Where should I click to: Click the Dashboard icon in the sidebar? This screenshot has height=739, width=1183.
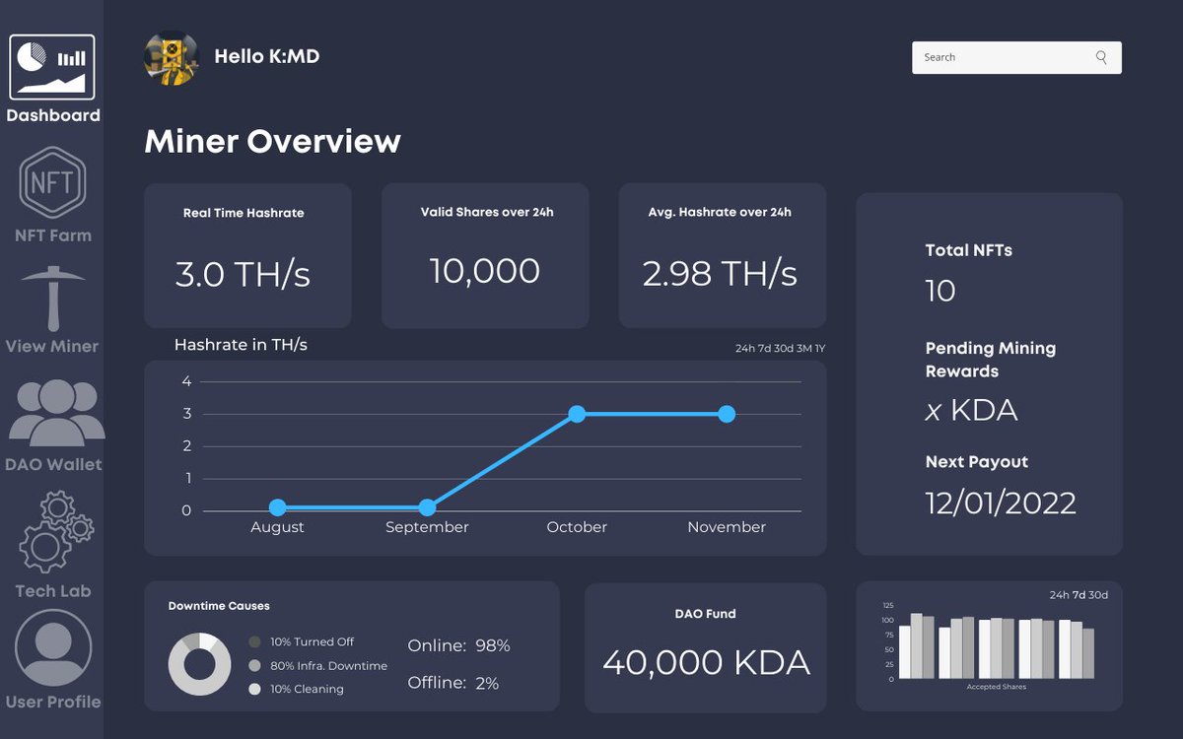52,67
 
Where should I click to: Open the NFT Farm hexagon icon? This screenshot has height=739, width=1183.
52,182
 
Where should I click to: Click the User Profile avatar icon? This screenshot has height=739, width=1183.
53,648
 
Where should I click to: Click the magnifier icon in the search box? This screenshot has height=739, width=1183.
1101,57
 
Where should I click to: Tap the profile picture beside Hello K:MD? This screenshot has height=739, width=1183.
172,58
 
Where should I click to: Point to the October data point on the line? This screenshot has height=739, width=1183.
577,414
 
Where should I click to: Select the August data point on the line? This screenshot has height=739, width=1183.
277,507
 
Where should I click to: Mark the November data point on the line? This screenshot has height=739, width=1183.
727,414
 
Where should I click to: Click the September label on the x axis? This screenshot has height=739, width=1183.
427,528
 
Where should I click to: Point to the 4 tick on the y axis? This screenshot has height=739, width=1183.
186,382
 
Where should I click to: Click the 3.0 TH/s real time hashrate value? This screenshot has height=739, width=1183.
243,274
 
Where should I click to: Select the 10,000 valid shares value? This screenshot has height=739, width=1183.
485,271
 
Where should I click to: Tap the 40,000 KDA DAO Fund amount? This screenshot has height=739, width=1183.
706,662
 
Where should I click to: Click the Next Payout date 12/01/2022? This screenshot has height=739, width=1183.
1001,503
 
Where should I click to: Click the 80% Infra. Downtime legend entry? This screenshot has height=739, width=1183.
328,666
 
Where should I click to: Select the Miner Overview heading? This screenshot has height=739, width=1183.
272,142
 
